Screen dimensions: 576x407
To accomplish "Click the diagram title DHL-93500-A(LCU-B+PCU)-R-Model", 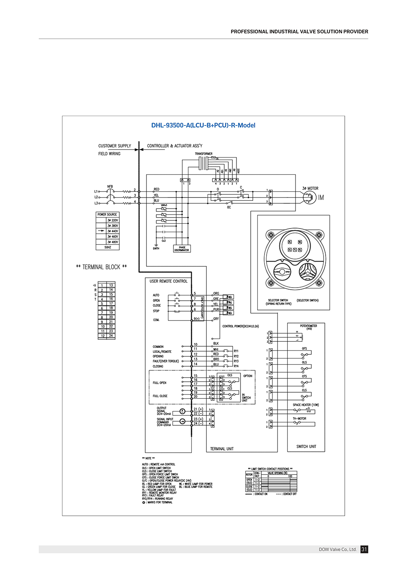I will click(203, 125).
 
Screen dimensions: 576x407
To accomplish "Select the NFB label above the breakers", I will click(110, 187).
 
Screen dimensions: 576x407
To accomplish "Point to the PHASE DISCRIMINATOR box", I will click(182, 248).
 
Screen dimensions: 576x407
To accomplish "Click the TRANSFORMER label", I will click(203, 154).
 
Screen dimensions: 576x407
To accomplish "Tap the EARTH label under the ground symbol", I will click(156, 248).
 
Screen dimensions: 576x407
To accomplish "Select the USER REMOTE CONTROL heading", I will click(168, 281).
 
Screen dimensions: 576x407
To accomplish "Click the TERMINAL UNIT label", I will click(222, 449).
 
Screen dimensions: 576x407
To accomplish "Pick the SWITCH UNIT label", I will click(306, 446).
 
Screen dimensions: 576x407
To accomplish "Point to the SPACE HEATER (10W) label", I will click(306, 405).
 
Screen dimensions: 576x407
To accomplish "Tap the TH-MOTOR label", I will click(299, 418).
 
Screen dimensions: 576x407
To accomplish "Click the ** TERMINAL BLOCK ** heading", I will click(101, 267).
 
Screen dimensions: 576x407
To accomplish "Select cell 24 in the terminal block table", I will click(111, 336).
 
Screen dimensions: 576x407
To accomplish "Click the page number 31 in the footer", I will click(364, 550).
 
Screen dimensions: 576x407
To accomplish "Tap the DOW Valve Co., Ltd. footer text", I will click(337, 550).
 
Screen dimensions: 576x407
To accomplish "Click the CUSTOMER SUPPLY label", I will click(115, 146).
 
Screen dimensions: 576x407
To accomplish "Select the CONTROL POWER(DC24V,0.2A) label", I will click(241, 326).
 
